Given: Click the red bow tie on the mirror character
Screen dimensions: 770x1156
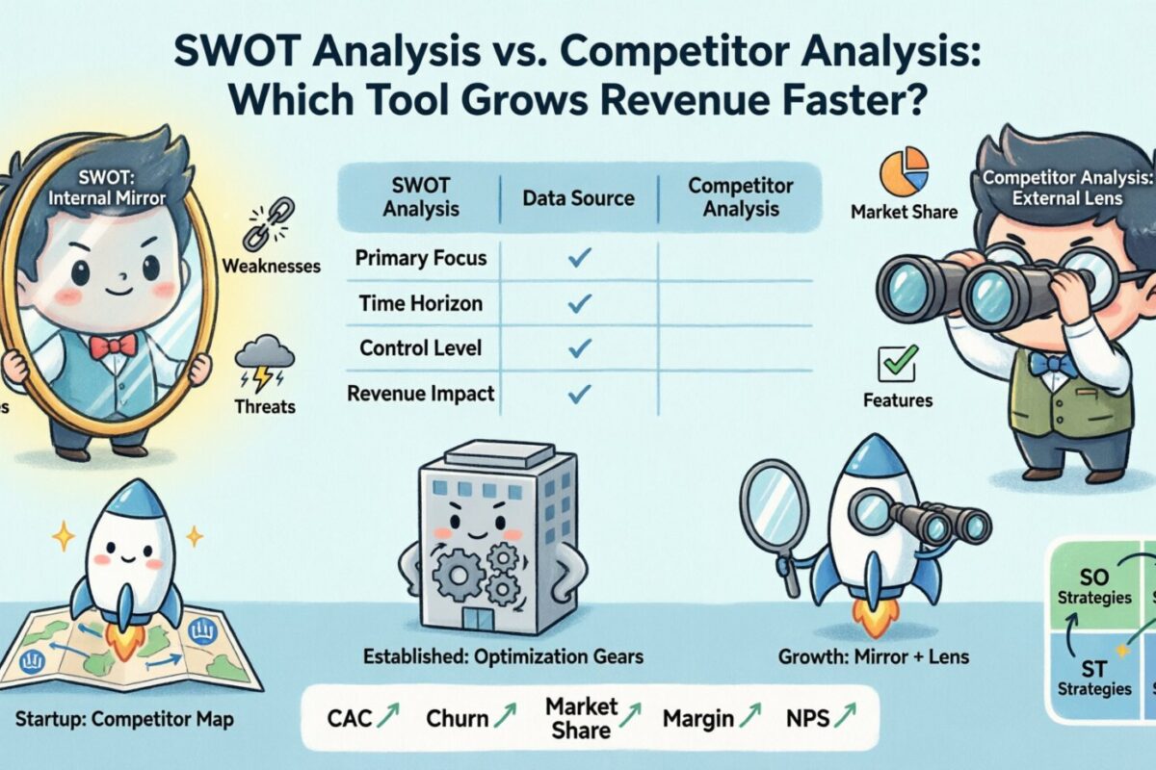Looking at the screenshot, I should (114, 345).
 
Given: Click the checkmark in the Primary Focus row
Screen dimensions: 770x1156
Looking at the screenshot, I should (579, 258).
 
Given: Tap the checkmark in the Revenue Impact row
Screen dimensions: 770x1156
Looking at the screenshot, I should (579, 393).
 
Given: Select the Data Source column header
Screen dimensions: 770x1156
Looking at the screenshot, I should (578, 198).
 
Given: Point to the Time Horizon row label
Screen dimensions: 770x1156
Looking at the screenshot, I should (421, 303).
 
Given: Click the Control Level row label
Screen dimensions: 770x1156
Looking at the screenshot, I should (421, 347).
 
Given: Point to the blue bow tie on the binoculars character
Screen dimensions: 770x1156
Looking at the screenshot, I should (1052, 364).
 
